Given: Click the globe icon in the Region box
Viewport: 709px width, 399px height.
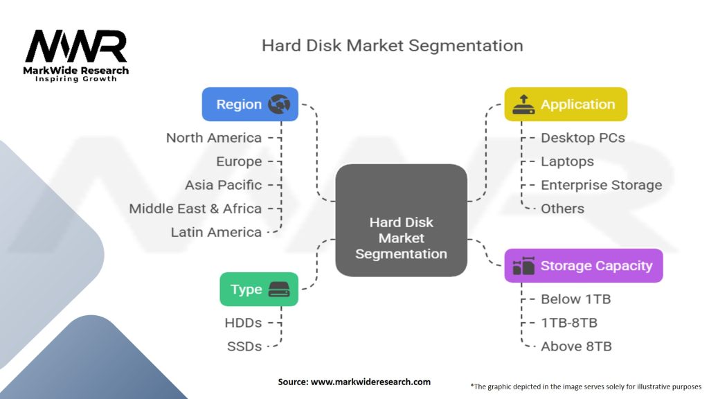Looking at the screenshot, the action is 279,104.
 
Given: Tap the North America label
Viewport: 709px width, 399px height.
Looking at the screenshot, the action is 214,138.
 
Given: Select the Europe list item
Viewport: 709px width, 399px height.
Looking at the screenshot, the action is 239,161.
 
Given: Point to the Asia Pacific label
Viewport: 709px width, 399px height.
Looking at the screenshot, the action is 224,185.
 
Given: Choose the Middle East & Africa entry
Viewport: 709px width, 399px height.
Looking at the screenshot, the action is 195,209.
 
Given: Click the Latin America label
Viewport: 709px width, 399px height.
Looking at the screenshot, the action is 216,232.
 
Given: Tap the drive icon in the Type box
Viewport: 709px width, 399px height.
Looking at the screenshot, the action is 279,290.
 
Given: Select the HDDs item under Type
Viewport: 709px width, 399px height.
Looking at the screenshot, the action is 243,323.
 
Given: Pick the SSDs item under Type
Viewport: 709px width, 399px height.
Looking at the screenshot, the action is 244,346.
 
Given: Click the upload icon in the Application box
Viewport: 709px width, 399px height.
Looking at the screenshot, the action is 523,104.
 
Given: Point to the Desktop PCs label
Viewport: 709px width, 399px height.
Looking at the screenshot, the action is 583,138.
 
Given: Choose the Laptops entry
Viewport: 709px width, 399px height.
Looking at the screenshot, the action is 568,161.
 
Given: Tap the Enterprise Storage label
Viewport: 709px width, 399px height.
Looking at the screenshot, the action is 602,185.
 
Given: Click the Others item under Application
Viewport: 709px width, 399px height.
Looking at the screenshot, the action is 562,209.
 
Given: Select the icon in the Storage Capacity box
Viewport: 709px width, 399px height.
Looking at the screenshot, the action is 523,265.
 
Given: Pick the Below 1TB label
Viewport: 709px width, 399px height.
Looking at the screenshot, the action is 575,299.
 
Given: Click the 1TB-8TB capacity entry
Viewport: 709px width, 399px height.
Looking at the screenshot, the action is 569,323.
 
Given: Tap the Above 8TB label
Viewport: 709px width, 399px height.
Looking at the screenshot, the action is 577,346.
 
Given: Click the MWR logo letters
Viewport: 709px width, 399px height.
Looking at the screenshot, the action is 76,46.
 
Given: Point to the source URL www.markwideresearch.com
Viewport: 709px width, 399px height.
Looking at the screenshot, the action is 371,382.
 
